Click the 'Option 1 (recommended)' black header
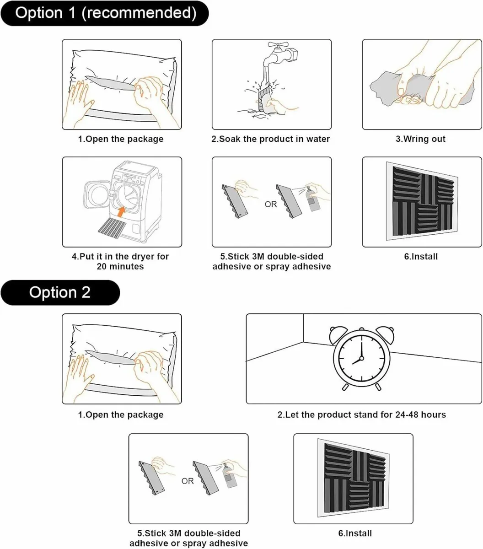(x=105, y=13)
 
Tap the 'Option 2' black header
(x=60, y=292)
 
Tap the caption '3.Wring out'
(x=420, y=139)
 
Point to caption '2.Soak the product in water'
(x=271, y=139)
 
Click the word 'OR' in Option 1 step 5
(x=271, y=205)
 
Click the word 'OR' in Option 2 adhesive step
(x=188, y=481)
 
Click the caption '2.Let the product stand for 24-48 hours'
(x=362, y=415)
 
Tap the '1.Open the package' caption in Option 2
(x=121, y=415)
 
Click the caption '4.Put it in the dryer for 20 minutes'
(x=121, y=261)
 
